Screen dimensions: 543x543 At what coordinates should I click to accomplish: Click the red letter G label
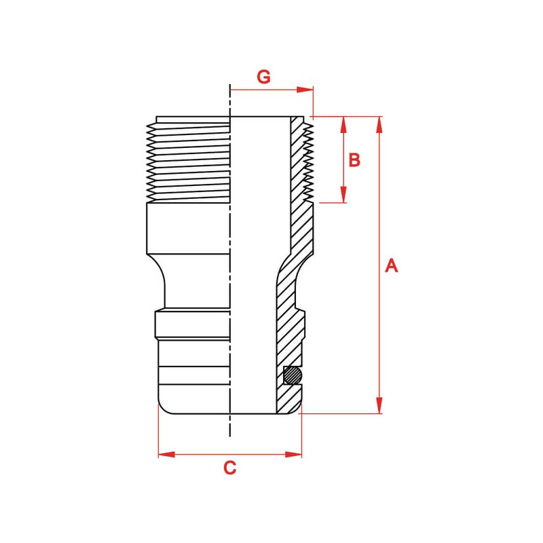point(263,77)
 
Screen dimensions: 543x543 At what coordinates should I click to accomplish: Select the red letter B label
point(354,160)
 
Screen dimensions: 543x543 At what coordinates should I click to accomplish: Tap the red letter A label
point(392,265)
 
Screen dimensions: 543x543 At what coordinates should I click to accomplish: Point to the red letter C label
point(230,468)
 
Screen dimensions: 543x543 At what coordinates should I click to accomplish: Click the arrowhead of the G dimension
point(305,90)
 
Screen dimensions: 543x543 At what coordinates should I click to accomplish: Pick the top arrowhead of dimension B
point(343,125)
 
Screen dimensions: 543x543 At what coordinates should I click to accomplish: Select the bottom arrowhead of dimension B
point(343,194)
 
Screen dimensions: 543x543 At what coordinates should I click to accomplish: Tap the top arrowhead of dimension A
point(379,125)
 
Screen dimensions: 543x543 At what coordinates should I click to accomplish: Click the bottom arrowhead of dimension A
point(379,405)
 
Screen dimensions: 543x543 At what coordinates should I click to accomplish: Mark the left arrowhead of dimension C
point(166,454)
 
